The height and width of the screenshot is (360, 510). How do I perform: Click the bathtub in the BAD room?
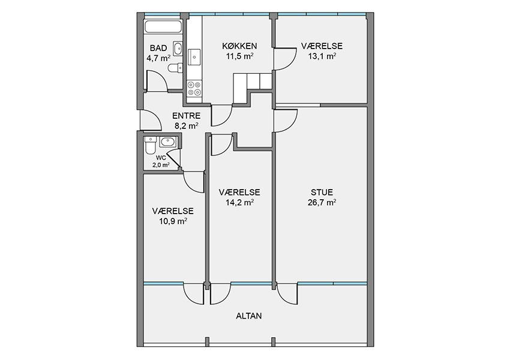point(163,26)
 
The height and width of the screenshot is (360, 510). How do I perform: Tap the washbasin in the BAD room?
point(178,49)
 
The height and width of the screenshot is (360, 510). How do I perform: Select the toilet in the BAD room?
point(175,68)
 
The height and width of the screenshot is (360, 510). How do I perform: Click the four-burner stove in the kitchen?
point(194,88)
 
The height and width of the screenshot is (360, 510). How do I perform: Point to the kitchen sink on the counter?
point(194,57)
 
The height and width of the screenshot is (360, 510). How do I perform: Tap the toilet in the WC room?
point(151,145)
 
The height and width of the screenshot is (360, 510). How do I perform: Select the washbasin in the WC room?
point(168,142)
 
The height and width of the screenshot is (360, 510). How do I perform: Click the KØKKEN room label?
point(240,46)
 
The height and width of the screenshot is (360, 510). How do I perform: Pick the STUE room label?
point(322,192)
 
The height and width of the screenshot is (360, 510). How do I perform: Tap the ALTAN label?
point(249,316)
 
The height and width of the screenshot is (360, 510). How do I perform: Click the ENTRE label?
point(187,116)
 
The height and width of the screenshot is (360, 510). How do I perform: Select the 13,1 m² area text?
point(322,56)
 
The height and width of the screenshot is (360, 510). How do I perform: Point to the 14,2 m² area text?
point(240,203)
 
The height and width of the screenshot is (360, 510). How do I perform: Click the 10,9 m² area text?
point(173,221)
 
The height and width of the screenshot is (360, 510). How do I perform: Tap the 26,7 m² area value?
point(322,203)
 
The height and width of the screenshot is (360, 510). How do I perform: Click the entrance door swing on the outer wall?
point(151,120)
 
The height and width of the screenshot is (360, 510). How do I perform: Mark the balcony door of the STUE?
point(287,294)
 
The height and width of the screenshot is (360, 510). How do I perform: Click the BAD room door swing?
point(157,80)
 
